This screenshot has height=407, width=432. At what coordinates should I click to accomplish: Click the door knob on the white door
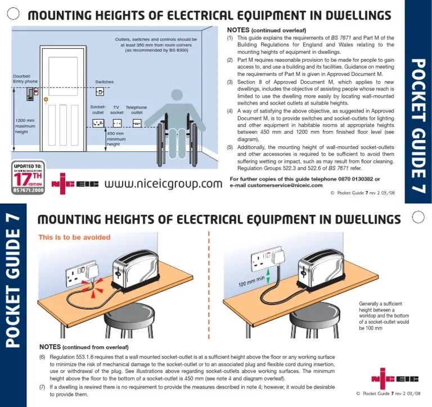46,100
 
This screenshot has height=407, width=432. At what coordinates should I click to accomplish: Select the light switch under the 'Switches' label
100,91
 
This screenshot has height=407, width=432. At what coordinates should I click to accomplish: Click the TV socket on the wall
117,123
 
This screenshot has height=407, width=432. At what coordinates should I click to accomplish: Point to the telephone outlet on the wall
137,123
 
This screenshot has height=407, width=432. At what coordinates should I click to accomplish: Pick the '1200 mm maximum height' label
25,126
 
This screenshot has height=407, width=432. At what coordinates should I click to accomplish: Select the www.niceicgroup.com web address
163,184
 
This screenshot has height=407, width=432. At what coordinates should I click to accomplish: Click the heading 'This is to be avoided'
74,237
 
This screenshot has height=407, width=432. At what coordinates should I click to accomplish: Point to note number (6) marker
43,357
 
